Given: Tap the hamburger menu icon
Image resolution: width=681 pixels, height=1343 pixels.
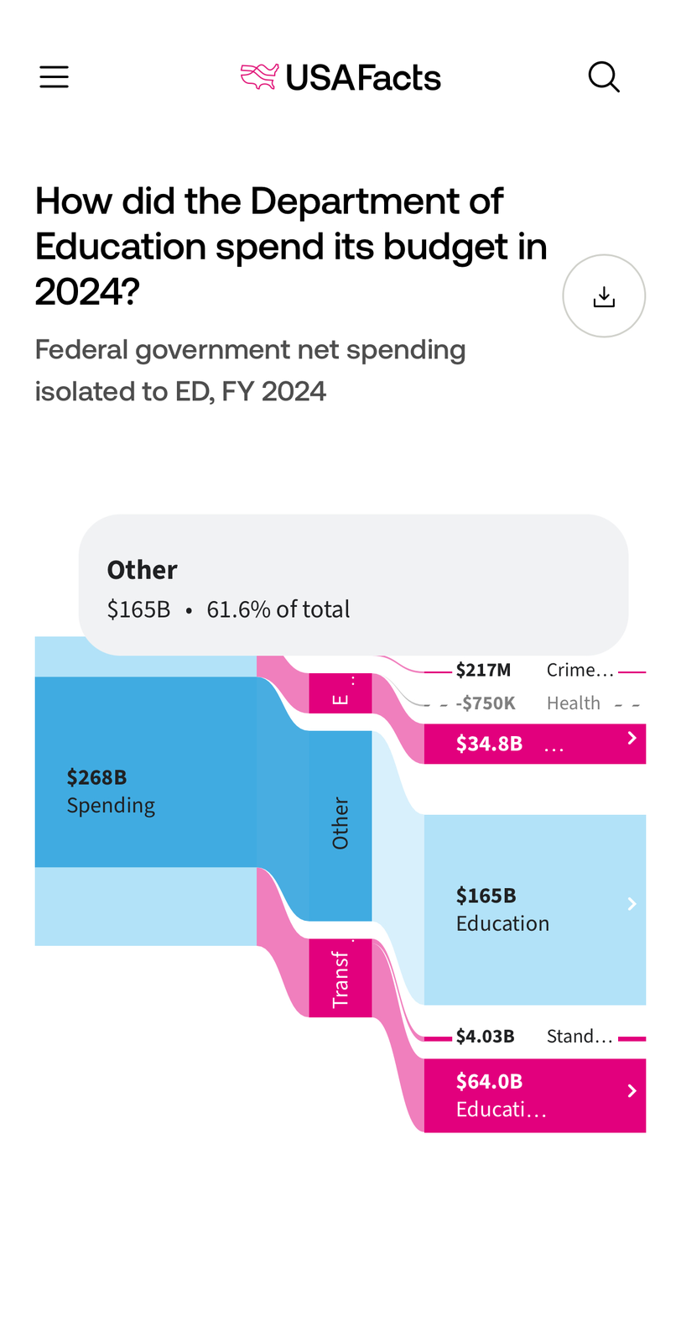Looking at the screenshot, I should [x=54, y=77].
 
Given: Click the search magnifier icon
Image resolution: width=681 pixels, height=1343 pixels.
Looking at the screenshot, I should [x=604, y=77].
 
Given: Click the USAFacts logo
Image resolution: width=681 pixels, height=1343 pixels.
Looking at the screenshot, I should [x=340, y=77].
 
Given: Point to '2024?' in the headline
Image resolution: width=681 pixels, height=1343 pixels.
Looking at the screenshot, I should [x=87, y=292].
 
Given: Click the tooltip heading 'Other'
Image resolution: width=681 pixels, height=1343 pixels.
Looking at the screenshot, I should [x=142, y=570].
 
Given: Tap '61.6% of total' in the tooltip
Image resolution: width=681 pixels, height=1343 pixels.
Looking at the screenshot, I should [x=278, y=609].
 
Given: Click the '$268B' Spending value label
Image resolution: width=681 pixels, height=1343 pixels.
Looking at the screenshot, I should [x=97, y=777].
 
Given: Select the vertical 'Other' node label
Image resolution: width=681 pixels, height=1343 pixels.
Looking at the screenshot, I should [x=340, y=823].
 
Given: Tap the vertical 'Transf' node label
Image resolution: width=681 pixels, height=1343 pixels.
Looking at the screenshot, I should [x=340, y=979].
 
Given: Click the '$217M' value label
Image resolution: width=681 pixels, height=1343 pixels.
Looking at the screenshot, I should [x=483, y=670].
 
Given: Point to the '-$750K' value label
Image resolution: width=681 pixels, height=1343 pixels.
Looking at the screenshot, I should [x=486, y=703].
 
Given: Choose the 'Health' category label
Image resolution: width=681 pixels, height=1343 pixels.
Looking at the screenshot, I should [x=574, y=703].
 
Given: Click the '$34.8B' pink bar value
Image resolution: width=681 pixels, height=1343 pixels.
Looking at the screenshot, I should [x=490, y=744].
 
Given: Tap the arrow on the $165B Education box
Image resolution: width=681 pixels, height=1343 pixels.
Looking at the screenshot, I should [x=632, y=904].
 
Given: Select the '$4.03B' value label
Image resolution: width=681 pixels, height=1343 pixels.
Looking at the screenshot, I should [x=486, y=1037].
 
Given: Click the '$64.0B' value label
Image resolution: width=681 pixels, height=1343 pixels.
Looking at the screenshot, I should [x=490, y=1081].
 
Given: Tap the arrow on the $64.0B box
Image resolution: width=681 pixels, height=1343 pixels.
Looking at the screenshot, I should [x=632, y=1090].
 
